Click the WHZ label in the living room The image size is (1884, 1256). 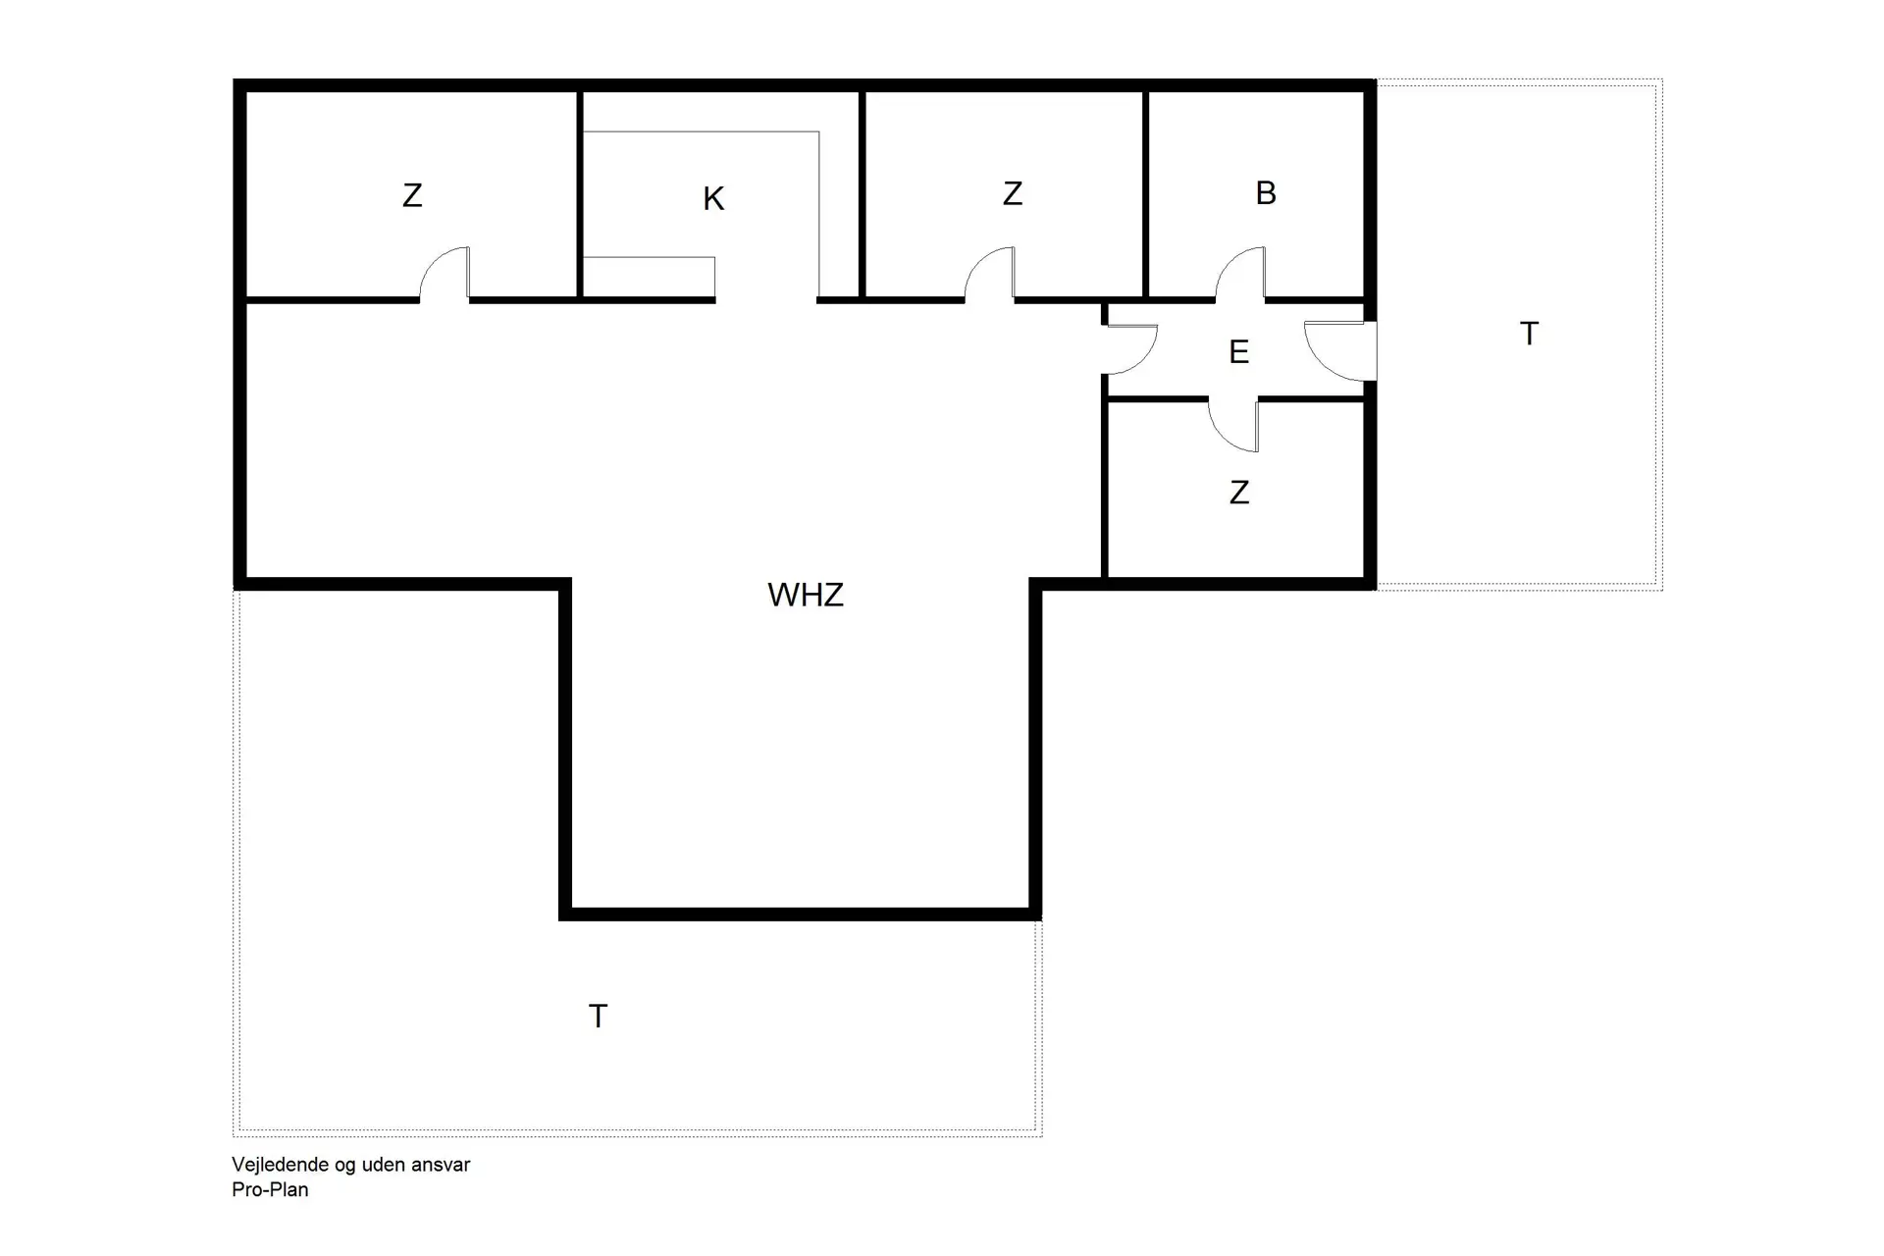[x=805, y=595]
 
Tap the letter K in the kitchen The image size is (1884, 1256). [x=713, y=199]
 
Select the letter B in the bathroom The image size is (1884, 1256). [x=1266, y=193]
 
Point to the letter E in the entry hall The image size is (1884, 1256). [x=1238, y=352]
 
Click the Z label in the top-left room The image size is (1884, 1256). [x=412, y=195]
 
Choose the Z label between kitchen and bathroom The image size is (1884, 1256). [x=1013, y=193]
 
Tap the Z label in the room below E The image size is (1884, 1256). [x=1239, y=493]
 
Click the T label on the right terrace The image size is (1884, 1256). [x=1529, y=335]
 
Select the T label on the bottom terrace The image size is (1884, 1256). [x=598, y=1017]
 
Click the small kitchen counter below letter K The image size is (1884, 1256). [x=649, y=277]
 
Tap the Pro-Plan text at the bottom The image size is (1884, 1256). [x=270, y=1190]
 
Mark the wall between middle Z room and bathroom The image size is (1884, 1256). [x=1145, y=193]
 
